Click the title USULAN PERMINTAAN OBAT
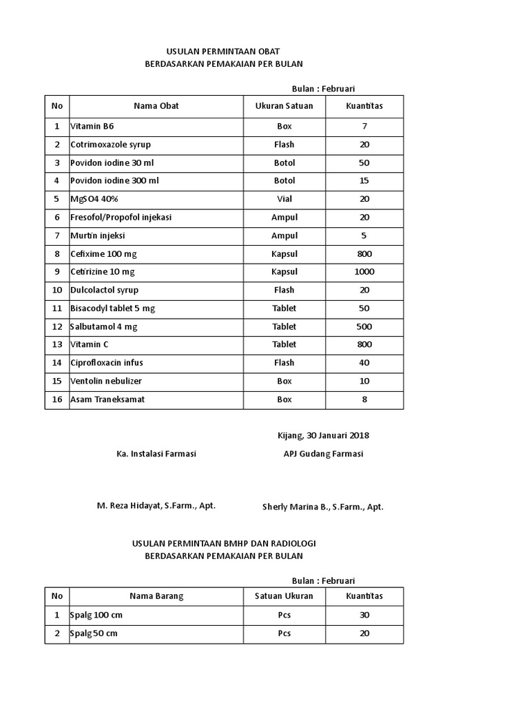(x=224, y=52)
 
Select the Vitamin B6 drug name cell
(x=92, y=126)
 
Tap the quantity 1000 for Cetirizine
(x=364, y=272)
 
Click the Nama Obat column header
(x=156, y=106)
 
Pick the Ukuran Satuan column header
(x=284, y=106)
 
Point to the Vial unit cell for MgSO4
(x=284, y=199)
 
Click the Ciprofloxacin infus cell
(x=107, y=363)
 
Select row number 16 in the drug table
(x=57, y=399)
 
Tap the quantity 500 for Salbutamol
(x=364, y=326)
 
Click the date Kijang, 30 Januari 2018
(x=323, y=435)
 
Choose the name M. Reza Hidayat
(x=155, y=505)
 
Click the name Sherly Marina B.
(x=322, y=507)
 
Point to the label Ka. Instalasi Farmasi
(x=156, y=454)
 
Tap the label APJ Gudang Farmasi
(x=323, y=454)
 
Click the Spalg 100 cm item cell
(x=96, y=615)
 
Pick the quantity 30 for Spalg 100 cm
(x=364, y=615)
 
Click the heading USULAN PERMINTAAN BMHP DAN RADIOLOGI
(x=224, y=544)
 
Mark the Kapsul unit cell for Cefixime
(x=284, y=254)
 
